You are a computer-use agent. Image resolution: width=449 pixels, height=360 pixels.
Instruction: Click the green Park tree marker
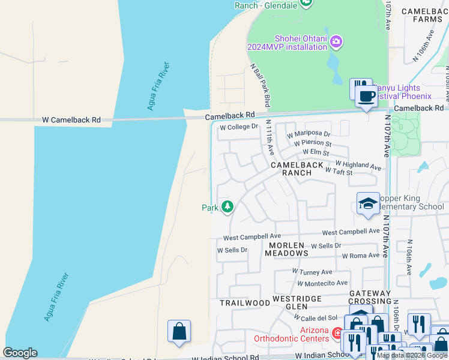click(227, 208)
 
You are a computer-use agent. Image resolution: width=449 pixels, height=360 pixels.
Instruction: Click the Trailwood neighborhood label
click(245, 303)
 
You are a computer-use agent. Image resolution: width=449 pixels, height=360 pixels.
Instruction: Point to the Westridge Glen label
click(298, 302)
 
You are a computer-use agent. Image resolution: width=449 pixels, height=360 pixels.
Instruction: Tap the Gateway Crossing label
click(369, 297)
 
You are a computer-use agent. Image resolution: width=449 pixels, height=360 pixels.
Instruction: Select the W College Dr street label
click(238, 127)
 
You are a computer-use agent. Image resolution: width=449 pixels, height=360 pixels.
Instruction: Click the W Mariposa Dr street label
click(309, 134)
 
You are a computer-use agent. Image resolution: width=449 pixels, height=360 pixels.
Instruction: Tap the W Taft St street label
click(338, 172)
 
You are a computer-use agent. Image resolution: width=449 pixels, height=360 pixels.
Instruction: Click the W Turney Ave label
click(312, 272)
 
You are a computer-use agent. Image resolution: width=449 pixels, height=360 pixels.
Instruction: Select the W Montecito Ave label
click(320, 283)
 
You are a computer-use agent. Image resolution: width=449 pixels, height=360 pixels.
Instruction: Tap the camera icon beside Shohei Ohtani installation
click(337, 41)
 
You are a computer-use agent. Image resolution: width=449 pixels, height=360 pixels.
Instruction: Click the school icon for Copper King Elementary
click(367, 203)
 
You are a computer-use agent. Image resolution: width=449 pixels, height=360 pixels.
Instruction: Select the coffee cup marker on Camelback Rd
click(367, 95)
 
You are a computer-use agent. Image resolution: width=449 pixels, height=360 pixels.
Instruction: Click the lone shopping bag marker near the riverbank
click(179, 331)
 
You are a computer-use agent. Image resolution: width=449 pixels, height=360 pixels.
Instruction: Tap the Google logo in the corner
click(20, 353)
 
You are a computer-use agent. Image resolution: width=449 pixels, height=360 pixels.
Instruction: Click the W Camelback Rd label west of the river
click(71, 120)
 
